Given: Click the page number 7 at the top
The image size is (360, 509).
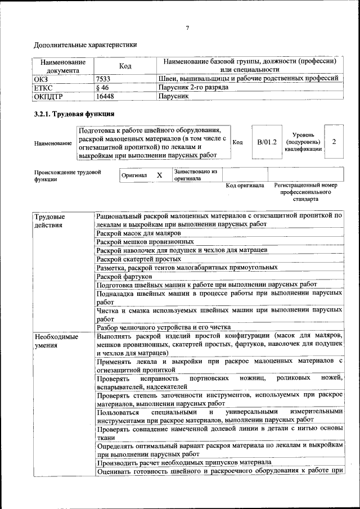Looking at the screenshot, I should pos(187,28).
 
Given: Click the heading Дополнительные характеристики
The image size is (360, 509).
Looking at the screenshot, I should pos(85,44).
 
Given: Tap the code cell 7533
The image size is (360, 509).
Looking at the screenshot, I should pos(103,79).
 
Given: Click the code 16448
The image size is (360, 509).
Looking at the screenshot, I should pos(105,97).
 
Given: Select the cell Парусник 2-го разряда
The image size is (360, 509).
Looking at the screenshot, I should pos(193,88).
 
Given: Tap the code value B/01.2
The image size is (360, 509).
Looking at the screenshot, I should pos(267,142).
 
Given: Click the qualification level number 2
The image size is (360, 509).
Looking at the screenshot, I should pos(334,142).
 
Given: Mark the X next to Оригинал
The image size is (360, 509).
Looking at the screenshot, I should pos(159,175).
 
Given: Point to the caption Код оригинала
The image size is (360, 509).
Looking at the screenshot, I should pos(245,186).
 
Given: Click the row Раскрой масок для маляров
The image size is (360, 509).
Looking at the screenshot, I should pos(138,233).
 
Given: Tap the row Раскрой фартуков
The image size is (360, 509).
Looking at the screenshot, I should pos(124,276).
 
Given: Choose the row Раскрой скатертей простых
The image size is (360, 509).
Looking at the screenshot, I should pos(138,259).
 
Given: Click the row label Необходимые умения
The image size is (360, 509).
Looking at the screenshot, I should pos(56,341).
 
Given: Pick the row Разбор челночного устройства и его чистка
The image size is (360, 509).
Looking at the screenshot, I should pos(164,326).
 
